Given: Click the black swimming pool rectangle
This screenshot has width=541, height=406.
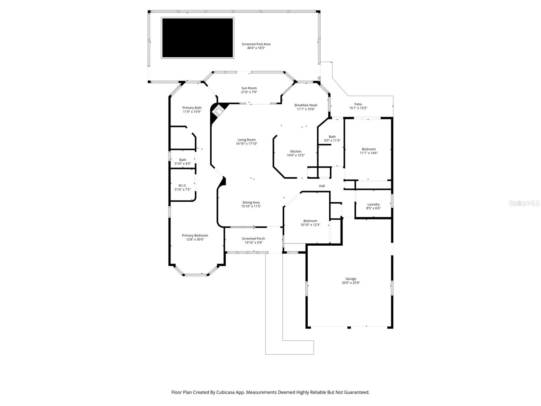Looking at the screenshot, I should [x=197, y=38].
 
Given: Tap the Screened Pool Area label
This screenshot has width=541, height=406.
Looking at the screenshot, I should [x=256, y=44].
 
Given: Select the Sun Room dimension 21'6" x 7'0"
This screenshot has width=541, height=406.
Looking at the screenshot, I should [x=249, y=92].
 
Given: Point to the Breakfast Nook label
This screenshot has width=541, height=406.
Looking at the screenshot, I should [x=306, y=105].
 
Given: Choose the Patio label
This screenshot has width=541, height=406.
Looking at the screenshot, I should [x=358, y=104].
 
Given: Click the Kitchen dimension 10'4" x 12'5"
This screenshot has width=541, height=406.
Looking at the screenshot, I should [x=296, y=155].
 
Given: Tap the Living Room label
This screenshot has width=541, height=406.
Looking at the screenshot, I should [x=246, y=140].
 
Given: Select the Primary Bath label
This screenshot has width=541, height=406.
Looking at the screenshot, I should [x=192, y=108].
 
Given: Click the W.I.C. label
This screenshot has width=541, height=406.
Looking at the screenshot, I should [x=183, y=185].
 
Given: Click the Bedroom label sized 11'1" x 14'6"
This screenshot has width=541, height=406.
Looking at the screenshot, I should [x=369, y=149].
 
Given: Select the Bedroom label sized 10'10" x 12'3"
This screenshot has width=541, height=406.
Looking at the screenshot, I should [x=310, y=221].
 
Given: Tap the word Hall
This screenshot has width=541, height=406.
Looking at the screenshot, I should [x=322, y=186].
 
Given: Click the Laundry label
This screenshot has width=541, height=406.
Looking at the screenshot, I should [x=373, y=204].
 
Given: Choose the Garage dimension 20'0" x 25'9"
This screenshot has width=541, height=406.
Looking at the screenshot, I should [x=351, y=283].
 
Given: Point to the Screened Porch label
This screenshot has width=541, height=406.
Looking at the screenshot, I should [x=253, y=239].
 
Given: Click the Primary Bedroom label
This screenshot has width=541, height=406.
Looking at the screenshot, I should [x=195, y=235].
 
